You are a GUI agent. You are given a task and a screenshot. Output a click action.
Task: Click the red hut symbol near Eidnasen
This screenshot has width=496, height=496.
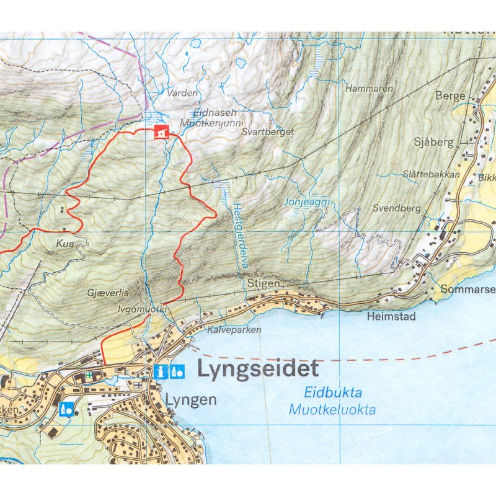[x=161, y=132]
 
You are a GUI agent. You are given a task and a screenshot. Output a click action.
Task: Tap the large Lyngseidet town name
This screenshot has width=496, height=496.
[x=257, y=369]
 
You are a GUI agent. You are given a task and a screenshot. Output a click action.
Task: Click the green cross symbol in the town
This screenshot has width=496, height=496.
[x=89, y=375]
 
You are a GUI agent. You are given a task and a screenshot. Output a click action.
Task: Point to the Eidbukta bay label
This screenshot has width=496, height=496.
[x=333, y=392]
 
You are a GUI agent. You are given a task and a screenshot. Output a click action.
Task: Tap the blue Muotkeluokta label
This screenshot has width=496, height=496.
[x=332, y=409]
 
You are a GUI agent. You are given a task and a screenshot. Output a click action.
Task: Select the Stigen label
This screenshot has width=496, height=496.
[x=260, y=283]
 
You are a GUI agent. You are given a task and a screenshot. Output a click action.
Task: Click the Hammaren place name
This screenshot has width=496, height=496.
[x=370, y=89]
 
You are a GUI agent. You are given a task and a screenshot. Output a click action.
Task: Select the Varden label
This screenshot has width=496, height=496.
[x=182, y=93]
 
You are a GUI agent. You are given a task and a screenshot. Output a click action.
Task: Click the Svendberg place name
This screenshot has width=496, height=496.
[x=397, y=208]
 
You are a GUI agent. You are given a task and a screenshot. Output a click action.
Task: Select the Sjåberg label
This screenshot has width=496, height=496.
[x=434, y=142]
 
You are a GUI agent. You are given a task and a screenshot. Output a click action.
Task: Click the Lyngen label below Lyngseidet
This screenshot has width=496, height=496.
[x=191, y=400]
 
